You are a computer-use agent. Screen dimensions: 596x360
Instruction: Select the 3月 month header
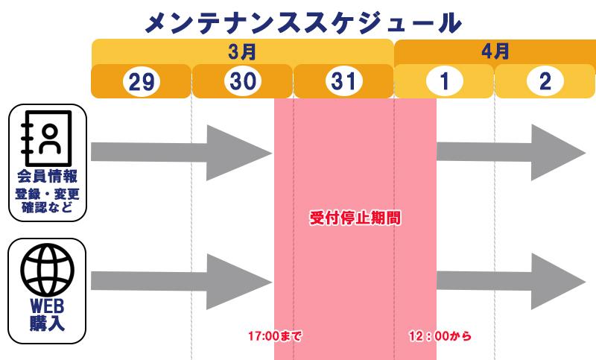click(242, 51)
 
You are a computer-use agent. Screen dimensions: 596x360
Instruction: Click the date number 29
click(142, 82)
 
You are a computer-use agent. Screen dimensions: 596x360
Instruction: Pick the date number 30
click(243, 81)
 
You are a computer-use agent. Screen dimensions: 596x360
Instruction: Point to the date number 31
click(343, 81)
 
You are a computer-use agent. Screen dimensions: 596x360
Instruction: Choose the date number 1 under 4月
click(444, 81)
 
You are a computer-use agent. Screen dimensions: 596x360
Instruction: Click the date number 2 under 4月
click(545, 81)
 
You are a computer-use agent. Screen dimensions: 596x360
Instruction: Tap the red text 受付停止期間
click(355, 218)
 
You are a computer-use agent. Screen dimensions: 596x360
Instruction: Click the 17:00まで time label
click(274, 336)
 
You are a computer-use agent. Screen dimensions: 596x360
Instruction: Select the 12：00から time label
click(440, 336)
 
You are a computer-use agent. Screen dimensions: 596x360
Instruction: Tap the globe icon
click(48, 270)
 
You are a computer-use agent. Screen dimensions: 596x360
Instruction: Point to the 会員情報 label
click(48, 177)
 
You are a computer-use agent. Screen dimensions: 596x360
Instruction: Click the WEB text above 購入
click(47, 306)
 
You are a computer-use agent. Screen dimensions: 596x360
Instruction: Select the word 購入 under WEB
click(47, 323)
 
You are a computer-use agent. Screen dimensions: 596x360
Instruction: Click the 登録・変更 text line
click(48, 195)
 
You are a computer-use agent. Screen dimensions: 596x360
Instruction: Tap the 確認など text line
click(47, 207)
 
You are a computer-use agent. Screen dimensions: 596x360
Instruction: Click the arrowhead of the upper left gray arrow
click(239, 154)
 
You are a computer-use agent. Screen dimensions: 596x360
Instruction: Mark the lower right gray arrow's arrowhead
click(558, 282)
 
